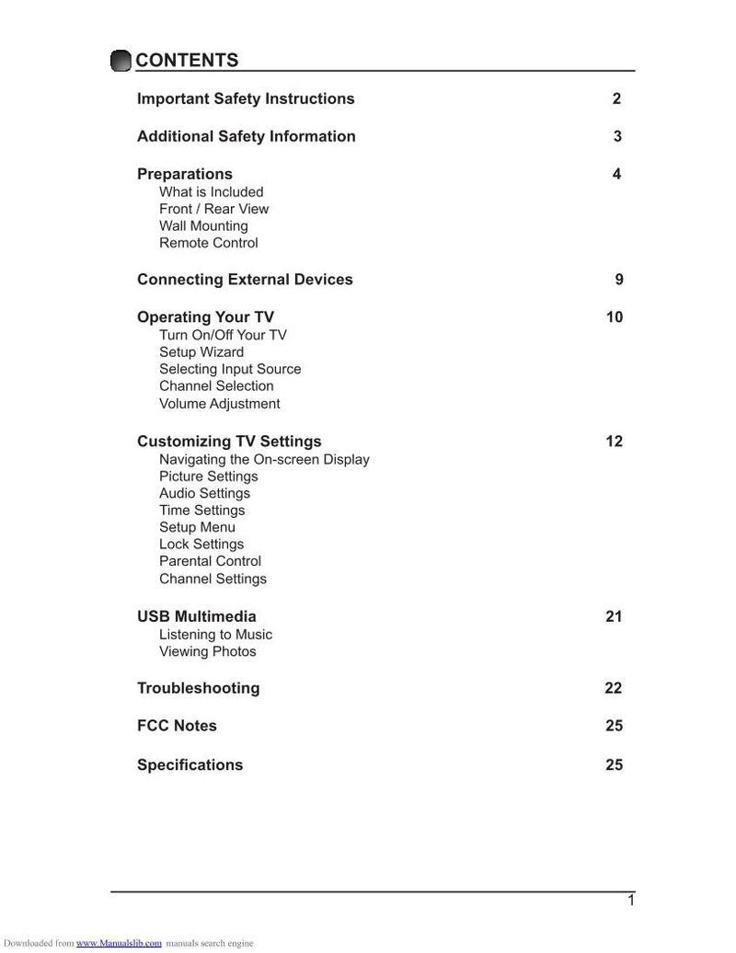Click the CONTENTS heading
tap(187, 61)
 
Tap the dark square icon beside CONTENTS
tap(121, 61)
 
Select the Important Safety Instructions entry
tap(246, 98)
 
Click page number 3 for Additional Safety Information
tap(617, 136)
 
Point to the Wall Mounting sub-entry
tap(203, 226)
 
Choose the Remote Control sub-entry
tap(209, 243)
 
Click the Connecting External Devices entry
tap(245, 280)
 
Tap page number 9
tap(619, 280)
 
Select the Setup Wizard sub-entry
tap(201, 352)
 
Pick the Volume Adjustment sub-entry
tap(220, 404)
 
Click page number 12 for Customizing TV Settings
tap(614, 442)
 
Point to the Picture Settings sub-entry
tap(209, 476)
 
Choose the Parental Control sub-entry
tap(211, 561)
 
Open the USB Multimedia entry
tap(197, 616)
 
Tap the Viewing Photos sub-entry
tap(208, 651)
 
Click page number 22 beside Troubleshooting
tap(614, 688)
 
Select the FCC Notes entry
tap(178, 726)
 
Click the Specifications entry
tap(190, 764)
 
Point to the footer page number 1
tap(631, 901)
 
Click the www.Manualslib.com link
tap(119, 944)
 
